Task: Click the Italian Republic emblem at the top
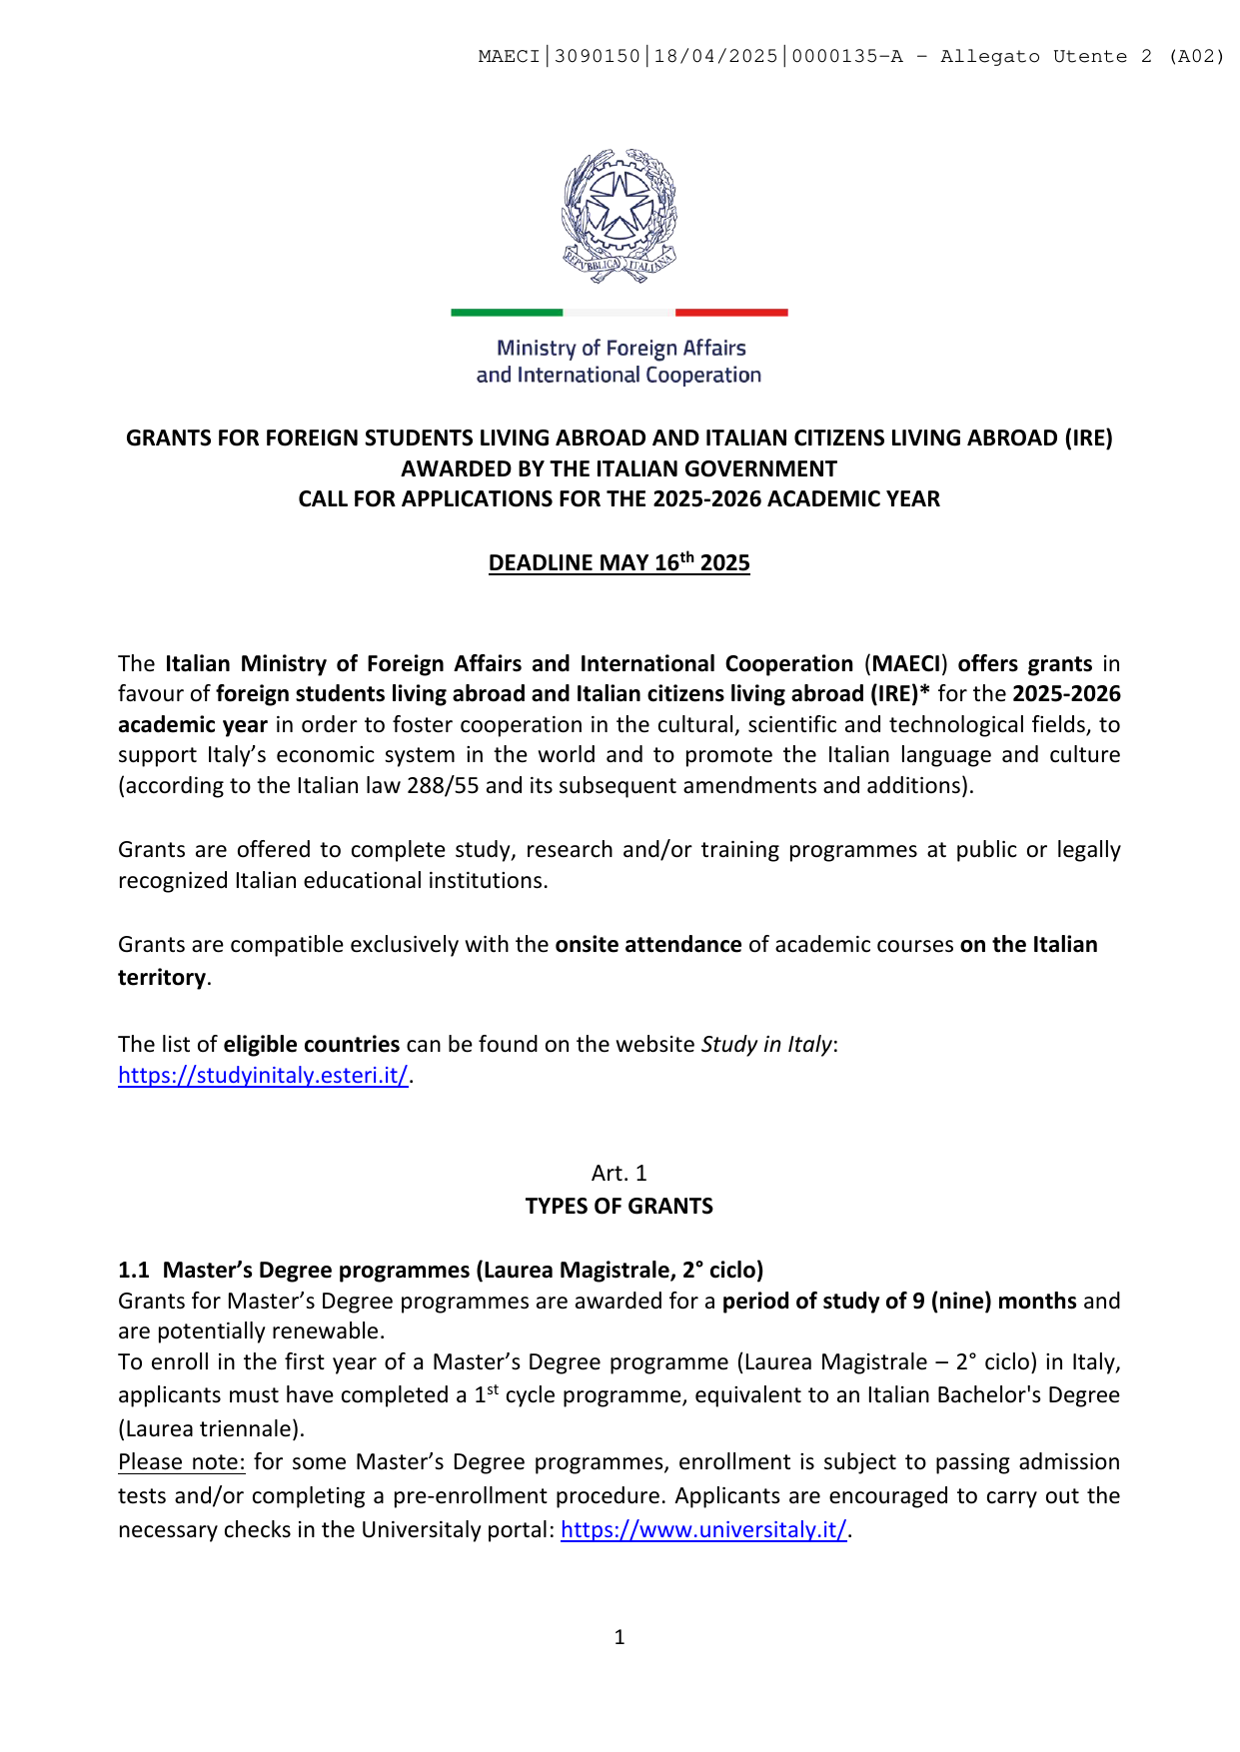620,215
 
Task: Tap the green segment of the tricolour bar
507,313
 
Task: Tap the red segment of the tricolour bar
731,313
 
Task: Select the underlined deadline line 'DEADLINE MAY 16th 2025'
619,562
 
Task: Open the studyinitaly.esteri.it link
263,1075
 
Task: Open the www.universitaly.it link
703,1529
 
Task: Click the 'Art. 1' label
619,1173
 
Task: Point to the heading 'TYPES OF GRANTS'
619,1206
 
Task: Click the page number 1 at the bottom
620,1637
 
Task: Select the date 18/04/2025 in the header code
715,57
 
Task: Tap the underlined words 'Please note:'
181,1462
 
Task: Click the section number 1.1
133,1270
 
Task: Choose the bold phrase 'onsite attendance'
648,944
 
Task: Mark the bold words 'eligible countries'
312,1044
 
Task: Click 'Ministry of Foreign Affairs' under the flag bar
620,348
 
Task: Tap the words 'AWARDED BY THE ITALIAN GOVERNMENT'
619,468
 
